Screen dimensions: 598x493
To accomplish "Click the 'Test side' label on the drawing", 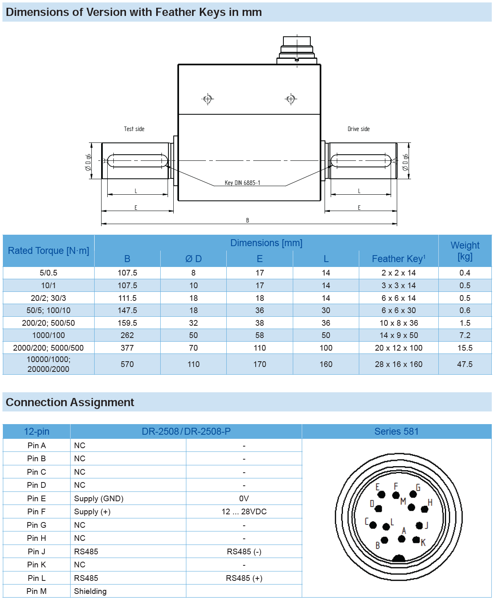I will pyautogui.click(x=134, y=129).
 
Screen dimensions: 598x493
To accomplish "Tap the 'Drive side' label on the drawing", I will pyautogui.click(x=358, y=129).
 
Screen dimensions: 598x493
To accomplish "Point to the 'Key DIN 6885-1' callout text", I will pyautogui.click(x=242, y=183).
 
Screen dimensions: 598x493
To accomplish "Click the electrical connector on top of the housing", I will pyautogui.click(x=297, y=50).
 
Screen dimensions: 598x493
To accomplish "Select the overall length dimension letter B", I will pyautogui.click(x=248, y=220).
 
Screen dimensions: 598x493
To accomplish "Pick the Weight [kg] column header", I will pyautogui.click(x=465, y=251).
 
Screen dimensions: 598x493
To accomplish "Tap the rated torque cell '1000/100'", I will pyautogui.click(x=49, y=335).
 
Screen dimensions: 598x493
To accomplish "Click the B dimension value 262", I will pyautogui.click(x=127, y=335).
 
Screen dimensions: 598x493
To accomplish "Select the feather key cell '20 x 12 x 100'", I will pyautogui.click(x=398, y=348).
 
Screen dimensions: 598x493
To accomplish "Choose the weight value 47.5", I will pyautogui.click(x=465, y=364).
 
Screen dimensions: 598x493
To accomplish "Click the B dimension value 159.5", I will pyautogui.click(x=127, y=323).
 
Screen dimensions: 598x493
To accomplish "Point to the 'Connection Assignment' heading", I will pyautogui.click(x=70, y=402).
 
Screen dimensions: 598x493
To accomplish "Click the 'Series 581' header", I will pyautogui.click(x=396, y=431).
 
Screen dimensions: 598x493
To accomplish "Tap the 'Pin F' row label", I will pyautogui.click(x=36, y=511).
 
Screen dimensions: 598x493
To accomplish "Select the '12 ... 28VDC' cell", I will pyautogui.click(x=244, y=511).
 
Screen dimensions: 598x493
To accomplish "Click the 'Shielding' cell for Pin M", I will pyautogui.click(x=90, y=591).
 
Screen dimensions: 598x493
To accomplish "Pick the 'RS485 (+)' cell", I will pyautogui.click(x=244, y=578).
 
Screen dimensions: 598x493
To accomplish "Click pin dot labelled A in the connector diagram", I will pyautogui.click(x=402, y=539).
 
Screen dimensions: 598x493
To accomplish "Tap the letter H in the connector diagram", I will pyautogui.click(x=430, y=502).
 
